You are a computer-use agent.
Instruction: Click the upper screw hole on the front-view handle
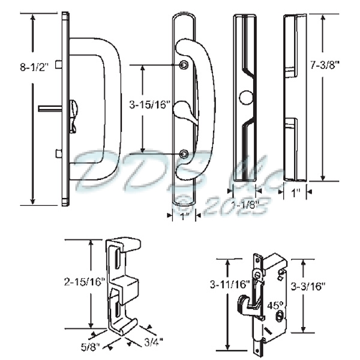pyautogui.click(x=183, y=65)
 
